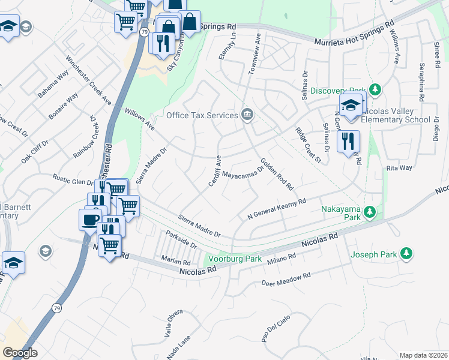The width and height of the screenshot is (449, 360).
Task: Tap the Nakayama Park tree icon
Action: tap(371, 211)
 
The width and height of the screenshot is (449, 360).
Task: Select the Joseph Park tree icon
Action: tap(406, 254)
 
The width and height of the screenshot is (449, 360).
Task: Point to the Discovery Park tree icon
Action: tap(375, 90)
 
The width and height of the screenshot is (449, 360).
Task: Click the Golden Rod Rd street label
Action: tap(276, 174)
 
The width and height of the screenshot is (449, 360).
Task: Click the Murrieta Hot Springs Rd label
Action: tap(354, 33)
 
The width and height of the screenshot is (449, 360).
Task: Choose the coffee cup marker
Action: tap(90, 219)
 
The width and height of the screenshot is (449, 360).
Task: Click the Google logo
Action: tap(20, 353)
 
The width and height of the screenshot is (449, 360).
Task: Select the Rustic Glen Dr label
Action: tap(73, 179)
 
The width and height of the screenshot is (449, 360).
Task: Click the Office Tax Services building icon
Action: tap(247, 115)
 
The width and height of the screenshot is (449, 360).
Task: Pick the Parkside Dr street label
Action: tap(181, 241)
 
